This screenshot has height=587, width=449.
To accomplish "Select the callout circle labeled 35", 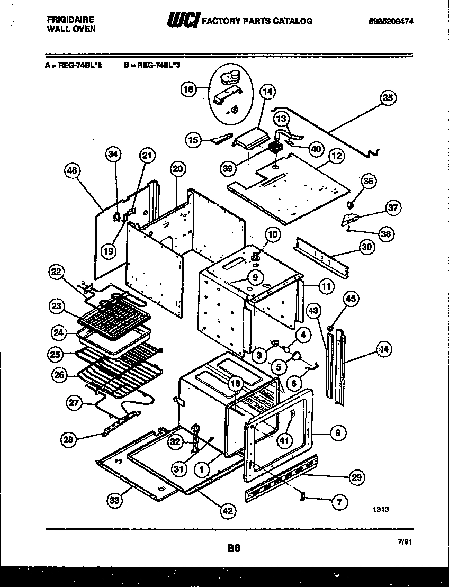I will tap(389, 98).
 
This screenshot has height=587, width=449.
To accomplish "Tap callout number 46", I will tap(72, 170).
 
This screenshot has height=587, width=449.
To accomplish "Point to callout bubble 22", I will tap(57, 273).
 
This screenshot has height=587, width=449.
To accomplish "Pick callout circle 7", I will tap(339, 502).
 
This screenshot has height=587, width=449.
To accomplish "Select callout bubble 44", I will tap(383, 349).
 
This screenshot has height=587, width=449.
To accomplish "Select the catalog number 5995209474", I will tap(391, 21).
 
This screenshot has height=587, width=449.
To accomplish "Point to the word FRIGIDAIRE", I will tap(68, 20).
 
